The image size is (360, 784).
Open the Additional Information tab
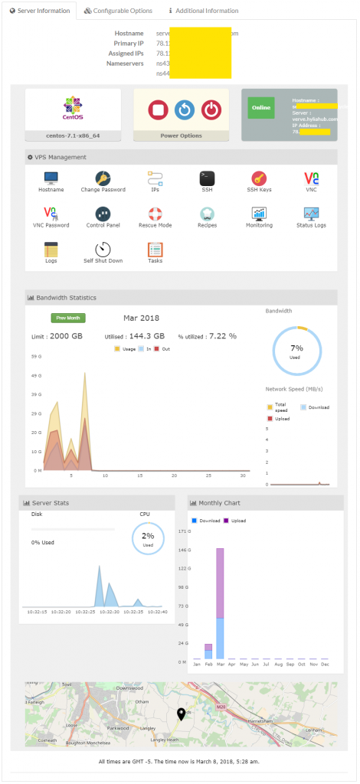(203, 11)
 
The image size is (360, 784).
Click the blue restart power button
(184, 110)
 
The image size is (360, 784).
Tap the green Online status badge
(260, 108)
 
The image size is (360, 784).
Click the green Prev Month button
(68, 317)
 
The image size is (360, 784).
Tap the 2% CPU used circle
(148, 539)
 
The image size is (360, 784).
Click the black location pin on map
(182, 714)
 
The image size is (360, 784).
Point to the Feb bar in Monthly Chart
(208, 651)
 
